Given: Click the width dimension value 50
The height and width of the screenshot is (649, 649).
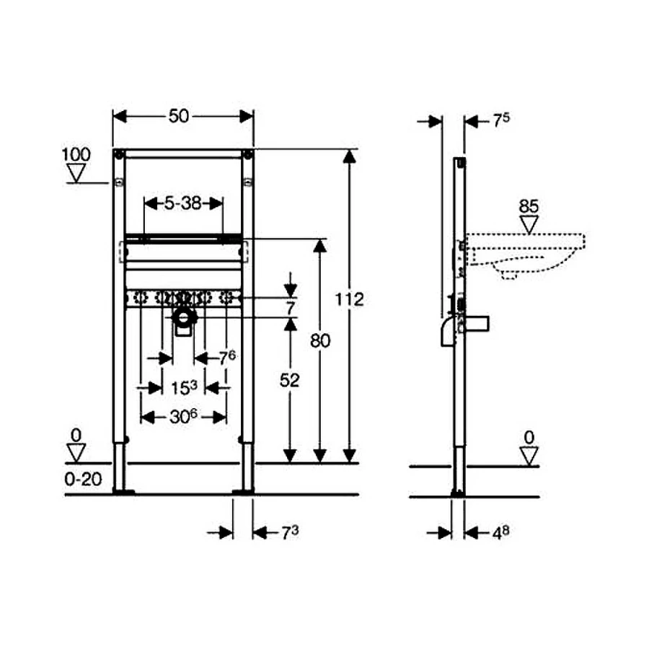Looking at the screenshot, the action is pos(179,116).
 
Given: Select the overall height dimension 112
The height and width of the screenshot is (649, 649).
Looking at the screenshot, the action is pos(349,299).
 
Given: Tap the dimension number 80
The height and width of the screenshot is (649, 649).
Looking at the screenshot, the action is pos(320,341).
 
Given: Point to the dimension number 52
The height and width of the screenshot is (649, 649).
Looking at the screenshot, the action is pos(289,380).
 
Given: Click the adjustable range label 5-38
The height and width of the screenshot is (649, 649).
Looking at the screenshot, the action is pos(183,203).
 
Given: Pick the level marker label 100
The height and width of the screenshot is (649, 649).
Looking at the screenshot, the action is pos(76,155).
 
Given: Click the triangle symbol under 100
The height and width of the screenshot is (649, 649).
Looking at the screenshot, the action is pos(76,173).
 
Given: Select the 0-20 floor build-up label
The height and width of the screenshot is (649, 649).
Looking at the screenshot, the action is pos(83,480).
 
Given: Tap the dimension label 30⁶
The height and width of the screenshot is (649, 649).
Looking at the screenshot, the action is pos(183,417).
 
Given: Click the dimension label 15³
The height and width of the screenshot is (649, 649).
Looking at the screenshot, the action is pos(184,388).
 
